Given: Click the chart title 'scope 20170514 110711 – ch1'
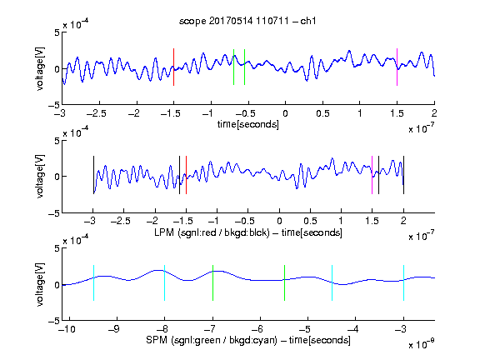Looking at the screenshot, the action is (x=247, y=21).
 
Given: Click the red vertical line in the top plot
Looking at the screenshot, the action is (x=173, y=67).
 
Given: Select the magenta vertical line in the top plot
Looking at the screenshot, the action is (x=397, y=67).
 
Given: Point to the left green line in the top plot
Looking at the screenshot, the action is (x=233, y=67).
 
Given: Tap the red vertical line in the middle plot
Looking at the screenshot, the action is (x=186, y=175).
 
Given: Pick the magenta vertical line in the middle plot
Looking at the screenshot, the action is (x=372, y=175).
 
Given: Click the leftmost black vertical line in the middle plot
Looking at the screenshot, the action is (x=93, y=175).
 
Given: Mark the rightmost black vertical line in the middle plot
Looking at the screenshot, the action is (x=403, y=175).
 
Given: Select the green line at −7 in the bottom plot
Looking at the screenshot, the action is (x=212, y=282).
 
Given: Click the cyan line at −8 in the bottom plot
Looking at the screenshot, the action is (x=165, y=282).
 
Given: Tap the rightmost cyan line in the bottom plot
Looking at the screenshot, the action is (x=403, y=282).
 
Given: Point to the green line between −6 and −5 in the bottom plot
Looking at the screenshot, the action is (x=284, y=282).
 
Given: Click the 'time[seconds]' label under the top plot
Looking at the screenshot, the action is (x=248, y=125).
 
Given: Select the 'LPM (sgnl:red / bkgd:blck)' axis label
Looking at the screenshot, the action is (x=212, y=232).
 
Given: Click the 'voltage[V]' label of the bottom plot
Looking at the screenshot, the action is (x=40, y=284).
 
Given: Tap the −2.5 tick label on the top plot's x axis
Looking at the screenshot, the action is (x=97, y=113).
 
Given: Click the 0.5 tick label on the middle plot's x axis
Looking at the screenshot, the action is (x=310, y=221).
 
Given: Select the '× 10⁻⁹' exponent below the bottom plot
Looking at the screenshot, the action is (x=421, y=345).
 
